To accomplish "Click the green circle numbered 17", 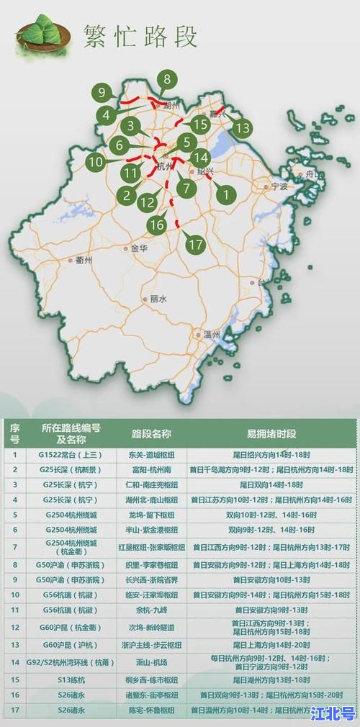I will [x=196, y=244].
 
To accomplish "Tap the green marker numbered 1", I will [x=226, y=193].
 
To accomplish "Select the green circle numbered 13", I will [x=243, y=128].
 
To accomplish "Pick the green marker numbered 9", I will [x=102, y=92].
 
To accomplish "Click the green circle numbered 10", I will [x=96, y=162].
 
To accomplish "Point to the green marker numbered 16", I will [x=158, y=225].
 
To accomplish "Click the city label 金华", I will [x=138, y=248].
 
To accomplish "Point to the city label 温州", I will [x=212, y=335].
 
